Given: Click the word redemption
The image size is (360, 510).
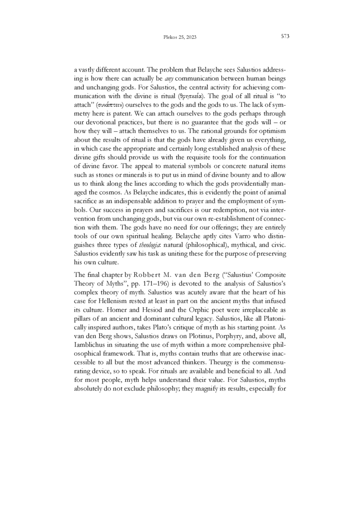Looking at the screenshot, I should [204, 209].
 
